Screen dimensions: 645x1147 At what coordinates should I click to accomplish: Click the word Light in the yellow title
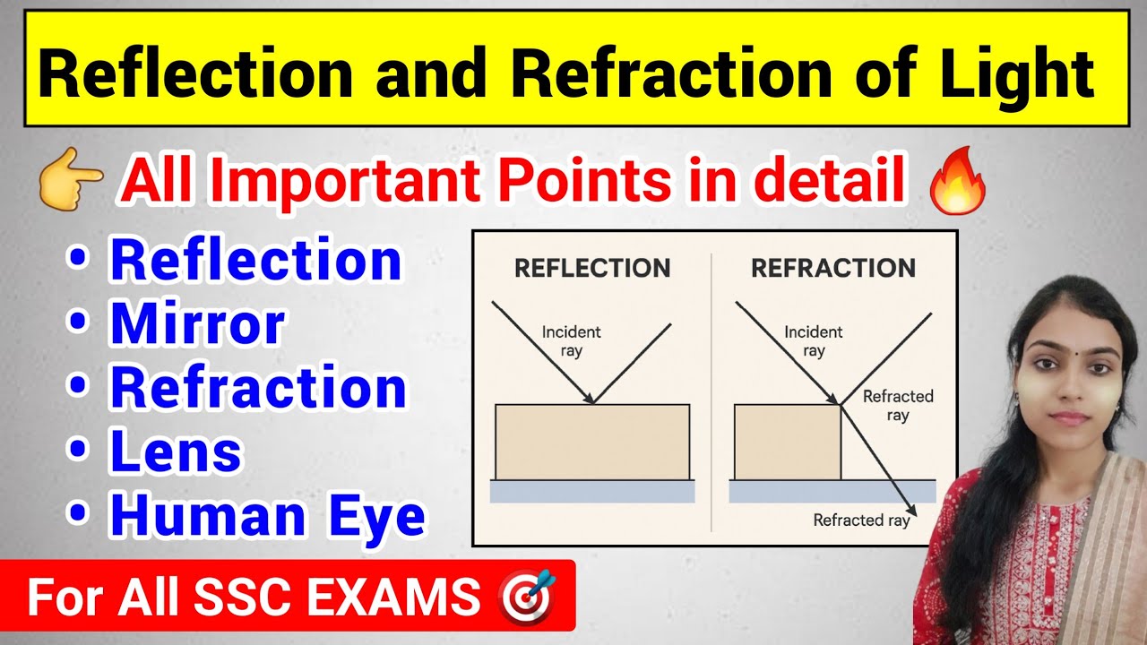(x=1022, y=73)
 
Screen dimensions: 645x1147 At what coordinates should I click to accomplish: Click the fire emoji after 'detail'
(x=958, y=183)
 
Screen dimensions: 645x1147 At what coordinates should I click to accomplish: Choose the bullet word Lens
(x=176, y=452)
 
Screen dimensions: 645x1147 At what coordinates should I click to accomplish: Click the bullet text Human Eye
(x=267, y=517)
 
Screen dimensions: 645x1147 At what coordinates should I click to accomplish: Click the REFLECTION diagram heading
(x=592, y=268)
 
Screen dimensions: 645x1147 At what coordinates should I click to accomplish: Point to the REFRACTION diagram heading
(x=832, y=268)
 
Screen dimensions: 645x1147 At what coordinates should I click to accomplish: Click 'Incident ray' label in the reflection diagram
(x=571, y=341)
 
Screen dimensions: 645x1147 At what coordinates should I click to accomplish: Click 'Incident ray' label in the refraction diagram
(x=813, y=341)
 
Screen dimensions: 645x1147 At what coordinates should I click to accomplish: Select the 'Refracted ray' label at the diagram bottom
(x=860, y=520)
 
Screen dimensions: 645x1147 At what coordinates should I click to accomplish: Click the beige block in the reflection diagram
(x=592, y=442)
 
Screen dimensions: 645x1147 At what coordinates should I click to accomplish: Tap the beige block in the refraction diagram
(x=787, y=442)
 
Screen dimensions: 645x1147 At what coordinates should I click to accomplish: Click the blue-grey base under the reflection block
(x=592, y=491)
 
